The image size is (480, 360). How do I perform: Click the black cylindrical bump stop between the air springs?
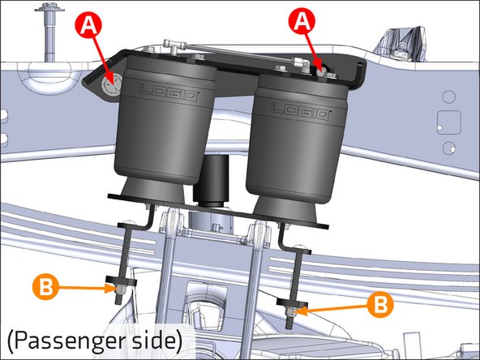(x=212, y=180)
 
